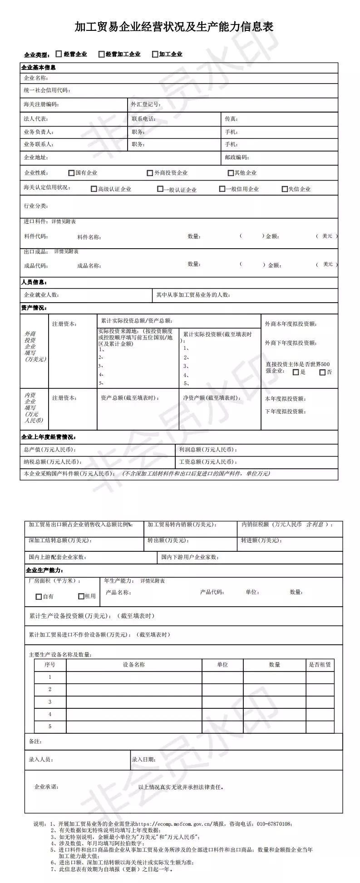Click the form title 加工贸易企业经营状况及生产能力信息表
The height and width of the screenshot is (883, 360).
[x=174, y=27]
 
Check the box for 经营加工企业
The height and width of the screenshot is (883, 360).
[x=101, y=54]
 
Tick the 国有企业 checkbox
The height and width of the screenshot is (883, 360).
[x=71, y=173]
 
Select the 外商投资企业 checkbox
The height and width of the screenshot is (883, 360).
[x=150, y=173]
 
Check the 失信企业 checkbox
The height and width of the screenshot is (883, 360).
[x=285, y=189]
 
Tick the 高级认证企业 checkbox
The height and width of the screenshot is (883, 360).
[x=94, y=189]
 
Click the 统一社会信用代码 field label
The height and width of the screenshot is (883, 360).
[x=47, y=91]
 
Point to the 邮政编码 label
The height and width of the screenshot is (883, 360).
[x=237, y=157]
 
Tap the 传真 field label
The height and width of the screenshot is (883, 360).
[x=231, y=119]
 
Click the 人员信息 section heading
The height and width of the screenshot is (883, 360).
[x=34, y=282]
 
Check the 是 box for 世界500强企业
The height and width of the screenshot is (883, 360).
[x=296, y=373]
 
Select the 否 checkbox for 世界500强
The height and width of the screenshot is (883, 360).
[x=322, y=373]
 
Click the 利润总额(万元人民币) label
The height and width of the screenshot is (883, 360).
[x=208, y=450]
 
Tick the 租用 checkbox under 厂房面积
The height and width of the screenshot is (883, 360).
[x=81, y=596]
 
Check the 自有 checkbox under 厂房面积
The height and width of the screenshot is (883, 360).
[x=39, y=597]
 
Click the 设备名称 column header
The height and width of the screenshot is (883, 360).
[x=133, y=665]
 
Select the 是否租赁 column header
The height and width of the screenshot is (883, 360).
[x=320, y=665]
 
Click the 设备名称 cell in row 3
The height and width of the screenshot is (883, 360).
[x=133, y=702]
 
